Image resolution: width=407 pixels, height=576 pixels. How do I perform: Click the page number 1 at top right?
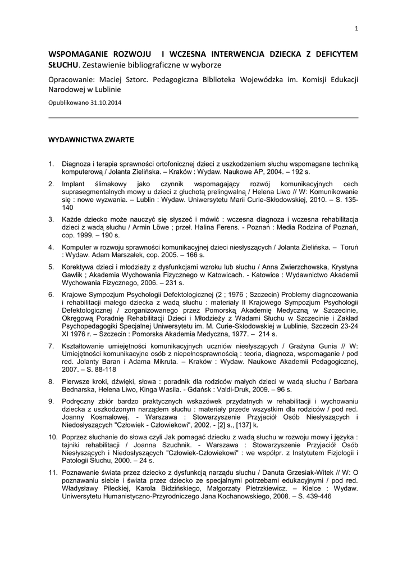(x=356, y=29)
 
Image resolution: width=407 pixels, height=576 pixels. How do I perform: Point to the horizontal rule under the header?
(x=203, y=118)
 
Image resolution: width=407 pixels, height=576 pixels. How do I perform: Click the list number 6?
(x=51, y=294)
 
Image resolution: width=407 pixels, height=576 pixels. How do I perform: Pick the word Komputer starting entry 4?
(x=77, y=247)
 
